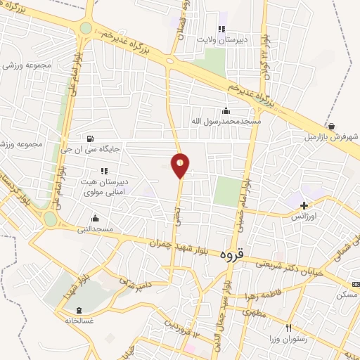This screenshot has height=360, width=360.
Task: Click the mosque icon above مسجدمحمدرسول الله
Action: click(226, 110)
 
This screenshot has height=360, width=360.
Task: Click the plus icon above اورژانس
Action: click(304, 206)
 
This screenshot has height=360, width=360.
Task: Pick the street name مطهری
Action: click(258, 316)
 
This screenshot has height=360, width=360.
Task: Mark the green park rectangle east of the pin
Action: click(227, 191)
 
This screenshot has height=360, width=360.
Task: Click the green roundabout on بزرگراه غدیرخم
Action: click(86, 28)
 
